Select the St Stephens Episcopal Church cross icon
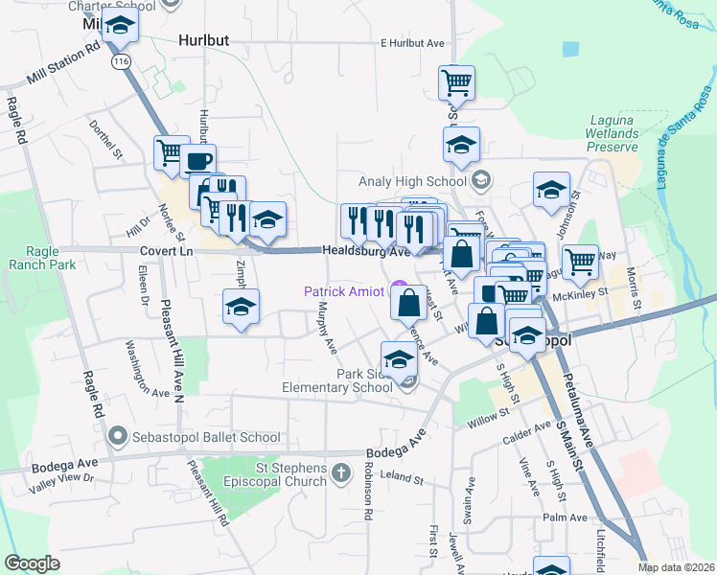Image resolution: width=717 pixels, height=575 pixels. (341, 472)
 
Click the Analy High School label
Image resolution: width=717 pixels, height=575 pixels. (412, 180)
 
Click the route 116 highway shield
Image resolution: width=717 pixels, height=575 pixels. (121, 61)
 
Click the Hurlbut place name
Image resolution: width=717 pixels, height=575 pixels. (204, 41)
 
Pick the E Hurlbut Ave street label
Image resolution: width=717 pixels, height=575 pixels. (413, 43)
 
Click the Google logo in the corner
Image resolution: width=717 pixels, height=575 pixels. (32, 563)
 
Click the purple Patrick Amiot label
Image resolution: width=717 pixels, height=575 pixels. (345, 290)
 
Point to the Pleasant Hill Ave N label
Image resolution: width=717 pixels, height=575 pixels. (177, 355)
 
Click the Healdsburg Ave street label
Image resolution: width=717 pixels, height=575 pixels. (365, 251)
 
